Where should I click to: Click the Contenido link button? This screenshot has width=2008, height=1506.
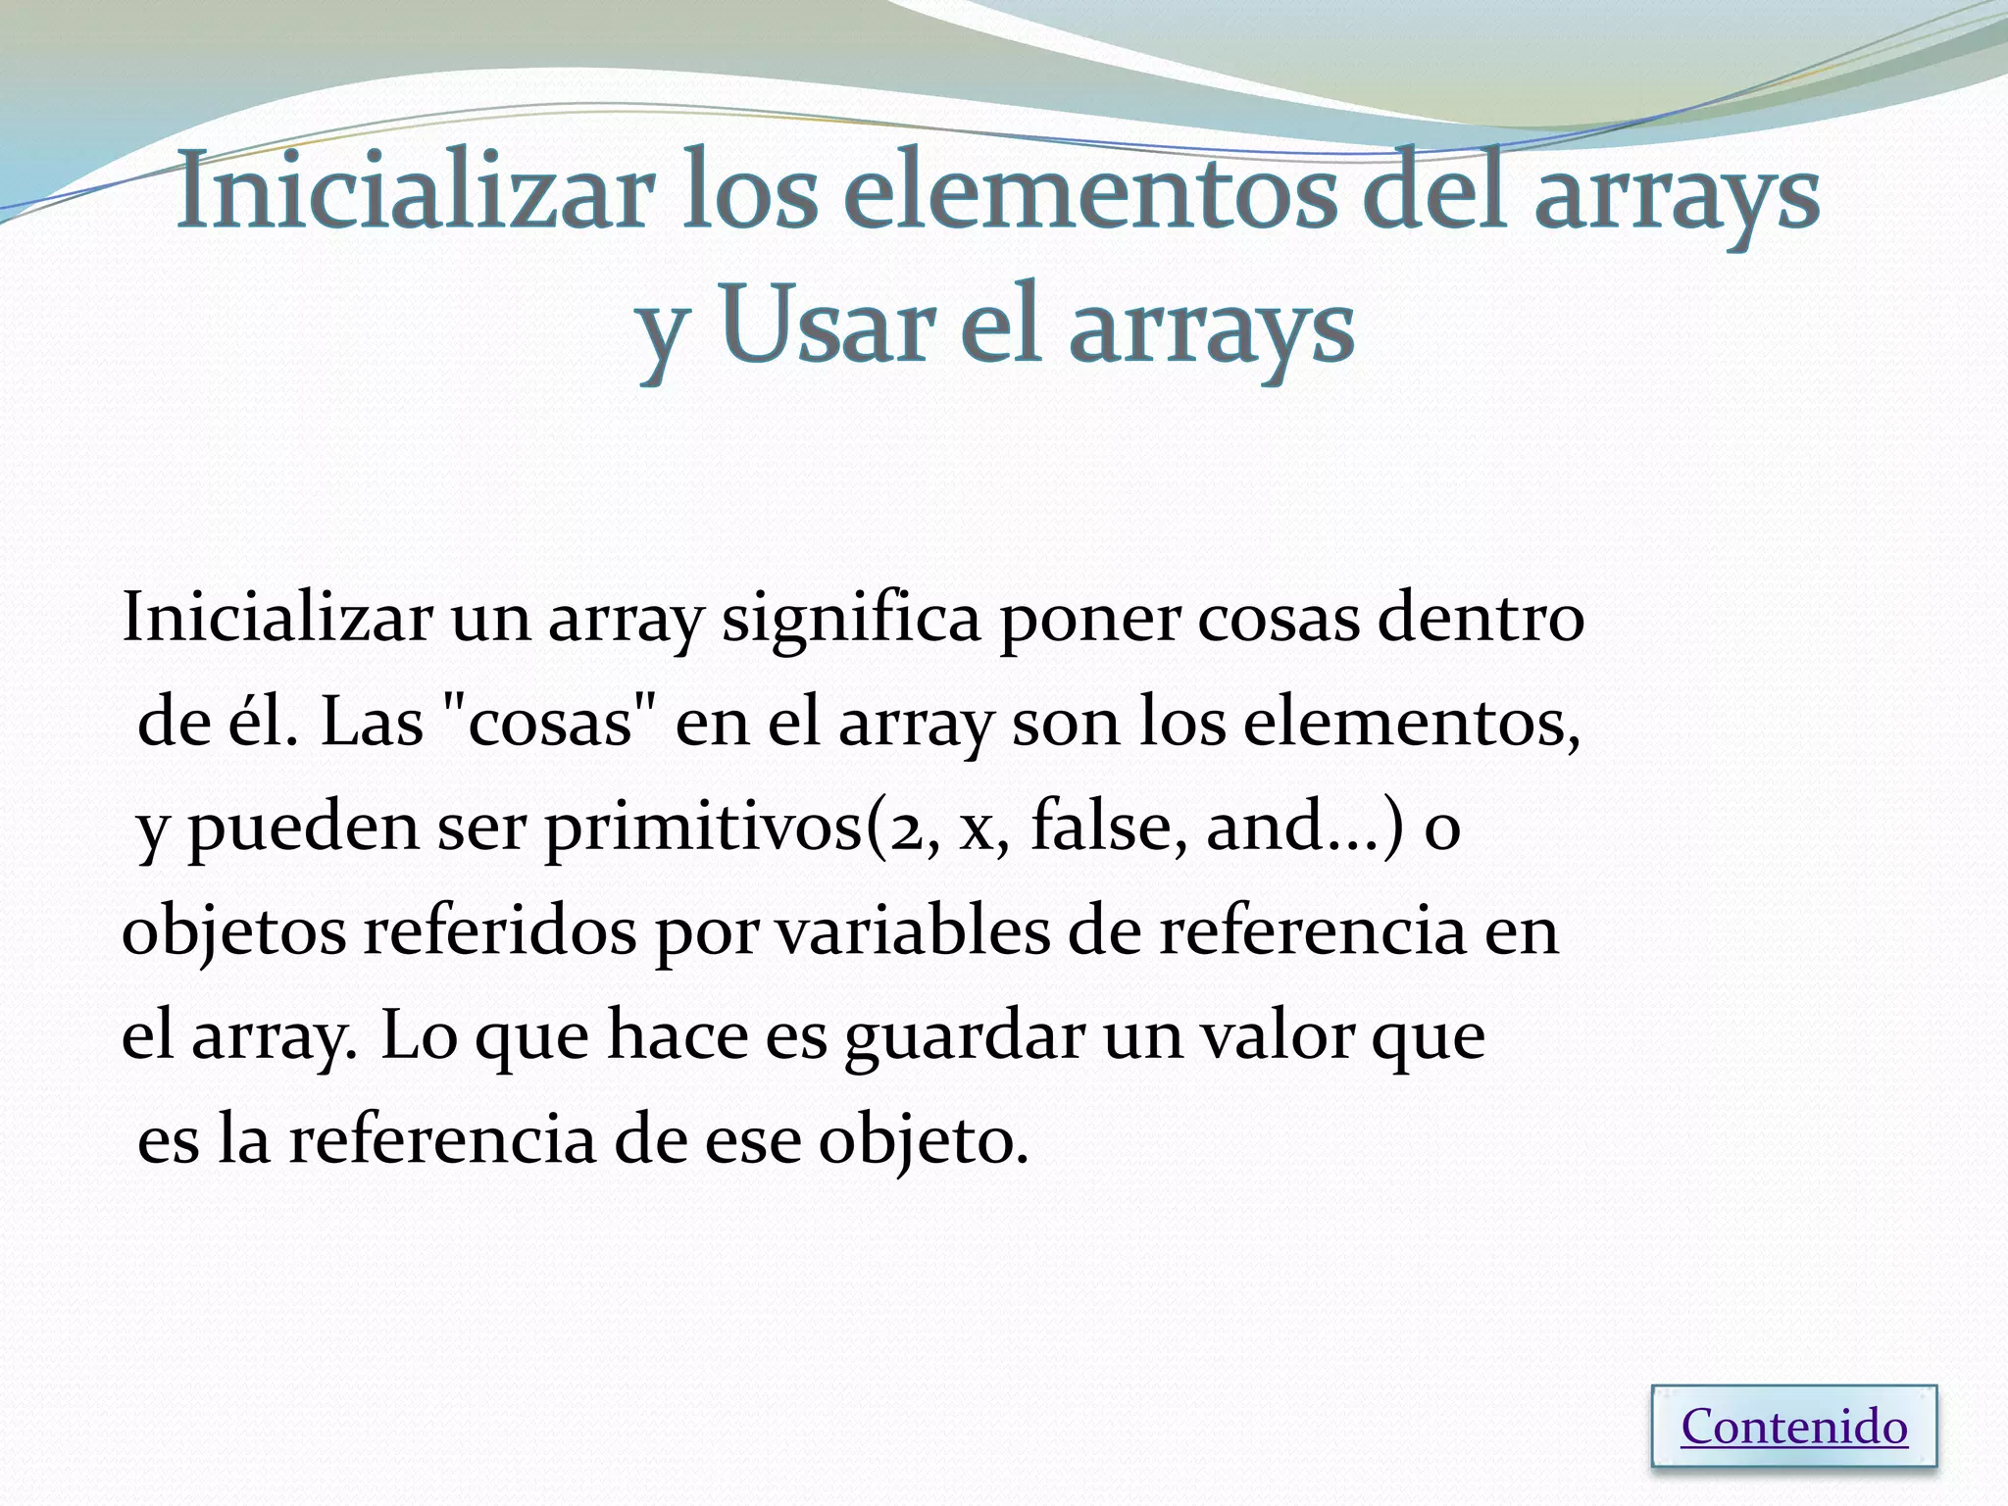[1794, 1428]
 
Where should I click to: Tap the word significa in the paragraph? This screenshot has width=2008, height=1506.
[851, 620]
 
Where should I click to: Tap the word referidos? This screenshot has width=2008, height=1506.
[500, 931]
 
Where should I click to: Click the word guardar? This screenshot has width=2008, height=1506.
[964, 1037]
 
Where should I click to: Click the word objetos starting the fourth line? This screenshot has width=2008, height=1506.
[233, 931]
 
